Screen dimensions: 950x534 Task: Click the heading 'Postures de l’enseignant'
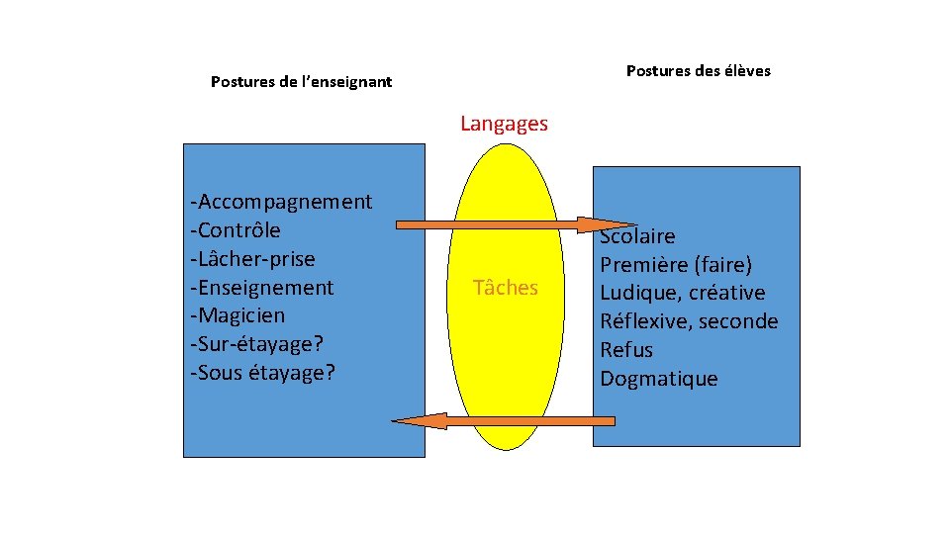coord(301,82)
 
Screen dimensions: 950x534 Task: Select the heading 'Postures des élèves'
coord(698,71)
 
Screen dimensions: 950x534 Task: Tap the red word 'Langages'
coord(504,124)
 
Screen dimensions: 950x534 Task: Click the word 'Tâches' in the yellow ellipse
coord(506,288)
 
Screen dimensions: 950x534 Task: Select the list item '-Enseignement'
coord(262,288)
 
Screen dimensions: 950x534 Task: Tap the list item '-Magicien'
coord(237,315)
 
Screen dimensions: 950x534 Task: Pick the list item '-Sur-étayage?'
coord(258,344)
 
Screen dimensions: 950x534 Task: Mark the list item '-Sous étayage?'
coord(262,373)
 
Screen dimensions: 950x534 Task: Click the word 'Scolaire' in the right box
coord(638,236)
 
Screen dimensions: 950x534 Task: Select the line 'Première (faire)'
coord(676,265)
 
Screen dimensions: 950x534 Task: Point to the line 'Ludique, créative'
coord(682,294)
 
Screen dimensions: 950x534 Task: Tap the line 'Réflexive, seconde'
coord(689,321)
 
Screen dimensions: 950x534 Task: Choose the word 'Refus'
coord(626,350)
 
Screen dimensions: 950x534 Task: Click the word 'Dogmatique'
coord(659,379)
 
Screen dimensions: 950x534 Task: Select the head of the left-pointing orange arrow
coord(413,421)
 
